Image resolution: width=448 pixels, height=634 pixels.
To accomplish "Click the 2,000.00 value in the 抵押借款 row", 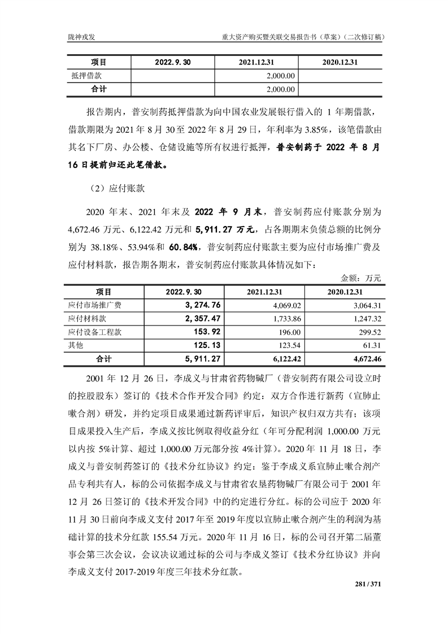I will pyautogui.click(x=281, y=75).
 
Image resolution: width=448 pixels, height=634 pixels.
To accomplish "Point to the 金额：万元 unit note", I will pyautogui.click(x=362, y=278).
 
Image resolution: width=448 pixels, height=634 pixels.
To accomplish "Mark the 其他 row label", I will pyautogui.click(x=75, y=345).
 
